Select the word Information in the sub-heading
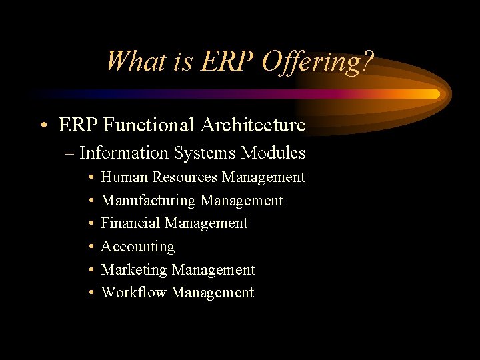123,153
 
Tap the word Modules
273,153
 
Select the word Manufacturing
148,201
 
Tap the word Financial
130,223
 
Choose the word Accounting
137,247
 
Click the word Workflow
133,293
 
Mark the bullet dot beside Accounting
90,247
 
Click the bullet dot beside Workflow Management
90,293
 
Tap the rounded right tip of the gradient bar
437,94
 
